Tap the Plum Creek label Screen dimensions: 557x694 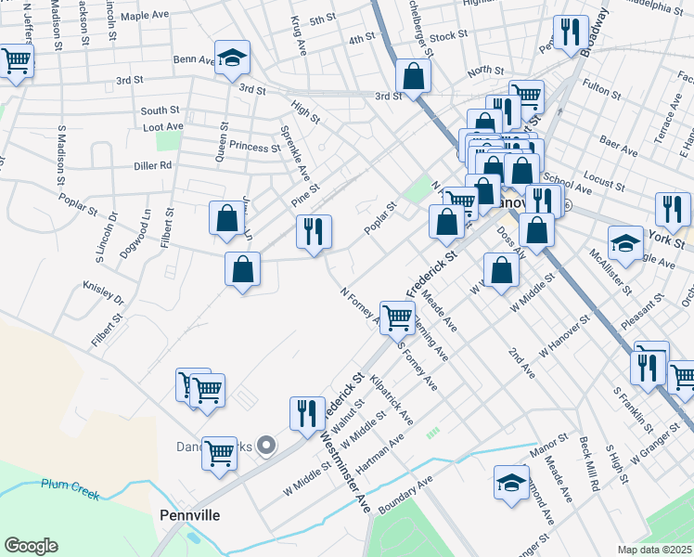coord(70,487)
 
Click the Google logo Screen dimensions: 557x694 coord(31,546)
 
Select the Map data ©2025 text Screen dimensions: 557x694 coord(654,550)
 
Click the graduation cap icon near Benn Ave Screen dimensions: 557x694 coord(232,58)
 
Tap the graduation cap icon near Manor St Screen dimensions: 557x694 coord(511,483)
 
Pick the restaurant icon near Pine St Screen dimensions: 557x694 coord(314,231)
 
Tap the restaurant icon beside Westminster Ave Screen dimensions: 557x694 coord(307,413)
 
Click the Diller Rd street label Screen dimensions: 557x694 coord(153,165)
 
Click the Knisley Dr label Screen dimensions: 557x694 coord(103,292)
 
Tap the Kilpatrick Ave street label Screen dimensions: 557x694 coord(391,399)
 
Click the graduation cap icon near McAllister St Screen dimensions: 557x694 coord(626,244)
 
